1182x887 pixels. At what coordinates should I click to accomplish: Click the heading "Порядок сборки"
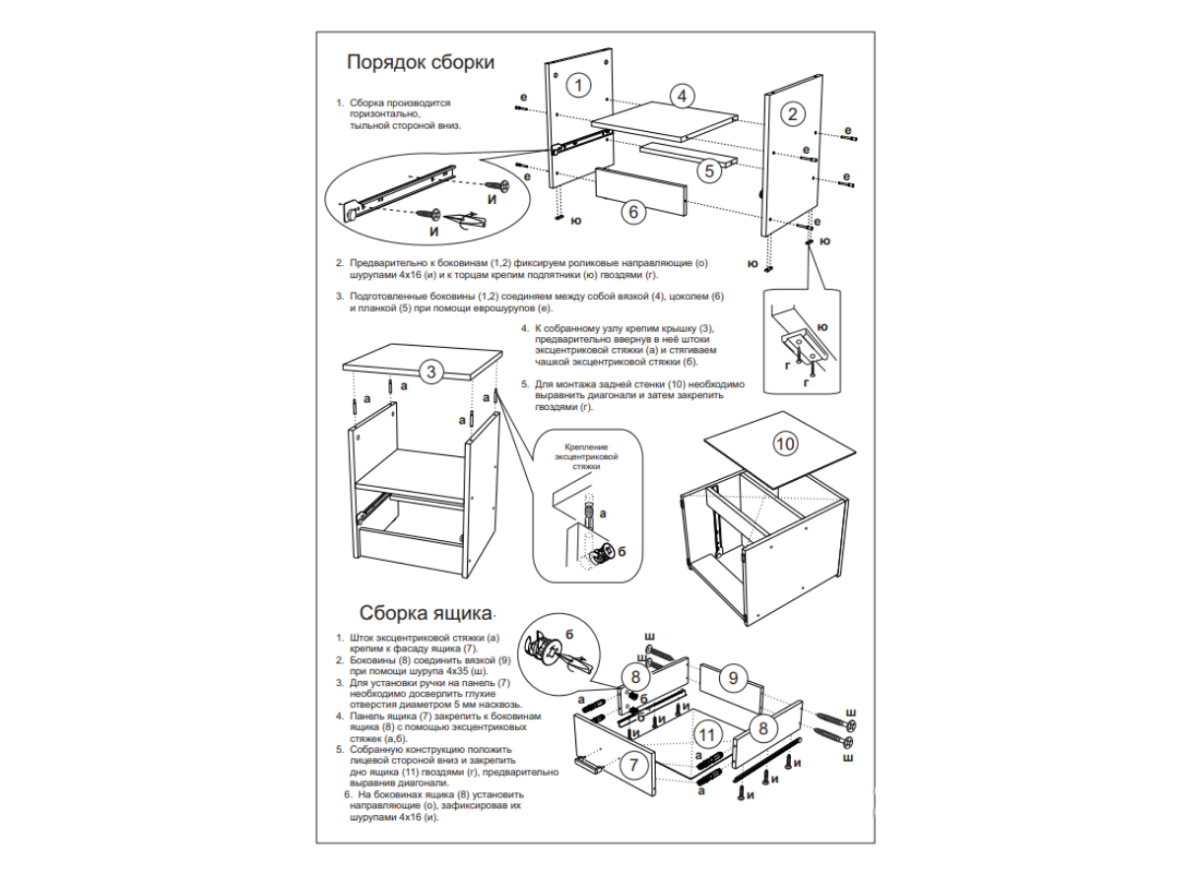tap(421, 63)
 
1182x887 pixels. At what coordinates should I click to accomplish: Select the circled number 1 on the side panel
tap(581, 85)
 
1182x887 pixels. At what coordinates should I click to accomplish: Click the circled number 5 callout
tap(710, 170)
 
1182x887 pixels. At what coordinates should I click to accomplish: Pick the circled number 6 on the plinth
tap(633, 210)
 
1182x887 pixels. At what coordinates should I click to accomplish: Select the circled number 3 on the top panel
tap(430, 372)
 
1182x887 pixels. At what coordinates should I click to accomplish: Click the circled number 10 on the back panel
tap(785, 444)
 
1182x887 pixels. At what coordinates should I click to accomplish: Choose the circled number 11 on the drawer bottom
tap(705, 734)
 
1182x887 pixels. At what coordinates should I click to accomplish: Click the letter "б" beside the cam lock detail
tap(622, 550)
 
